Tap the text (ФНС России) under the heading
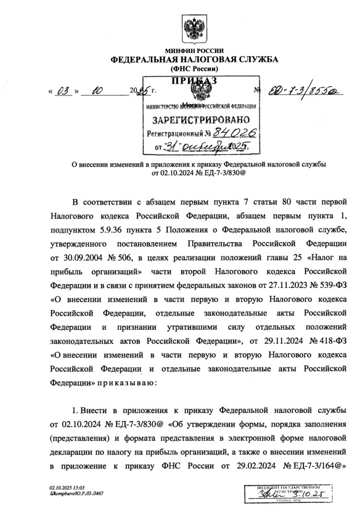[x=194, y=70]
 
